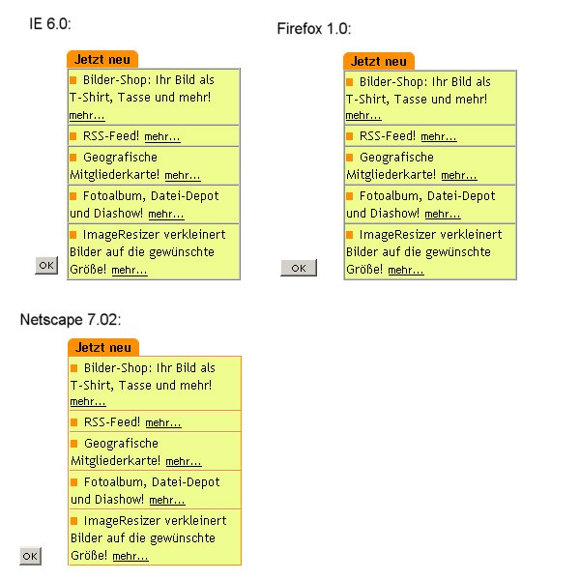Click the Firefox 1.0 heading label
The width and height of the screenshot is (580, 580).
tap(313, 29)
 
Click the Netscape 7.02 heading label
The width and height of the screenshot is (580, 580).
tap(71, 320)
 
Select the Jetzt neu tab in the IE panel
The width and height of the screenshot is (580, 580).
tap(102, 59)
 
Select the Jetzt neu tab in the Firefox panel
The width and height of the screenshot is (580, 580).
tap(378, 61)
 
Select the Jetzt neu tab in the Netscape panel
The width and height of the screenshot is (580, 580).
tap(103, 347)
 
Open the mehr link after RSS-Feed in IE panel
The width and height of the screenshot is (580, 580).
tap(162, 137)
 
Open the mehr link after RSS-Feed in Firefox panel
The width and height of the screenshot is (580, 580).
tap(439, 137)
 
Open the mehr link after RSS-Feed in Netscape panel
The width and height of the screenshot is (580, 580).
tap(163, 423)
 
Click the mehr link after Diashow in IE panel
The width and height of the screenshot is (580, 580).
tap(166, 215)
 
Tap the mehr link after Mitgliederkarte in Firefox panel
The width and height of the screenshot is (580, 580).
tap(458, 176)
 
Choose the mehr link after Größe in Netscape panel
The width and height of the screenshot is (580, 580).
tap(130, 557)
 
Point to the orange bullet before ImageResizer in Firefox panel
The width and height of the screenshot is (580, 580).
tap(350, 234)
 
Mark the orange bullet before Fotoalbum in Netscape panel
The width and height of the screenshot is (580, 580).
tap(74, 481)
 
